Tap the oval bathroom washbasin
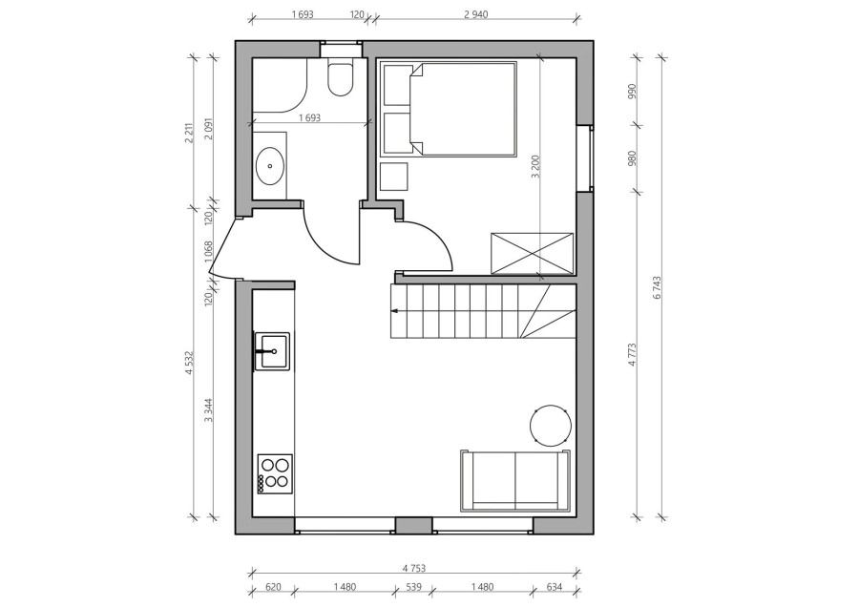269,165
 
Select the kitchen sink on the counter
272,350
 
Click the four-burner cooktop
275,474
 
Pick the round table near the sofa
551,425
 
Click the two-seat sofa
515,481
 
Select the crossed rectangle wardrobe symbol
533,253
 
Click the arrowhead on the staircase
395,310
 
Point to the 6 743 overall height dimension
658,287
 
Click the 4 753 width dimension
413,569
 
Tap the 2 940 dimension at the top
475,14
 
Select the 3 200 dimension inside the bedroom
536,167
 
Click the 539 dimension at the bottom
413,587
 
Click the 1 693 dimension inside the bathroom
309,117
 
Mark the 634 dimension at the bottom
555,587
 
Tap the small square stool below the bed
394,177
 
